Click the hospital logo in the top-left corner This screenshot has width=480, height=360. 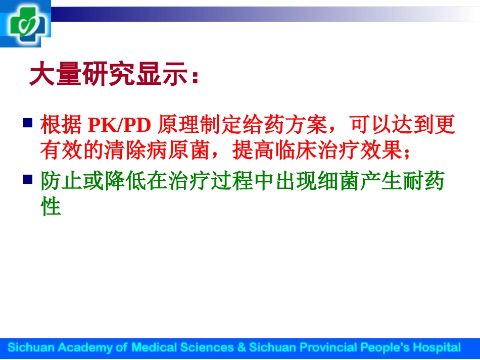[x=26, y=23]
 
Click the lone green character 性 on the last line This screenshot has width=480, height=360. [x=51, y=207]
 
